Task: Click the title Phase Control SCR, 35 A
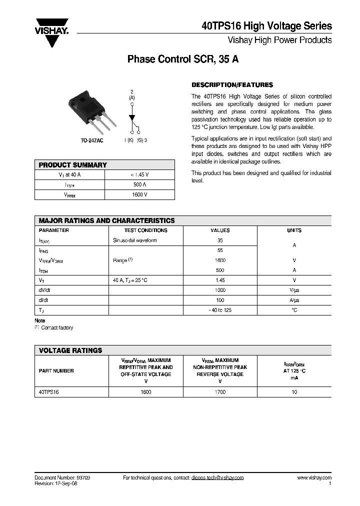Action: tap(183, 59)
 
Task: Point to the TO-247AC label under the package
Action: tap(92, 140)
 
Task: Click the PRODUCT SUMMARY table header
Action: tap(73, 165)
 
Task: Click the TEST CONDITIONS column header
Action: tap(146, 230)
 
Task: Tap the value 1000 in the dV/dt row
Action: tap(220, 290)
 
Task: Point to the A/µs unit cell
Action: tap(294, 300)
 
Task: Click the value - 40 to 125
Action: tap(220, 310)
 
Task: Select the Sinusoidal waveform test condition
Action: tap(135, 240)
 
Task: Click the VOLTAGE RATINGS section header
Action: tap(70, 350)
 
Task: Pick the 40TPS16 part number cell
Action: tap(49, 392)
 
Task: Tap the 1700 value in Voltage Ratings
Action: tap(220, 392)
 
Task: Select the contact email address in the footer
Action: tap(217, 477)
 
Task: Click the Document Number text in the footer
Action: tap(62, 477)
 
